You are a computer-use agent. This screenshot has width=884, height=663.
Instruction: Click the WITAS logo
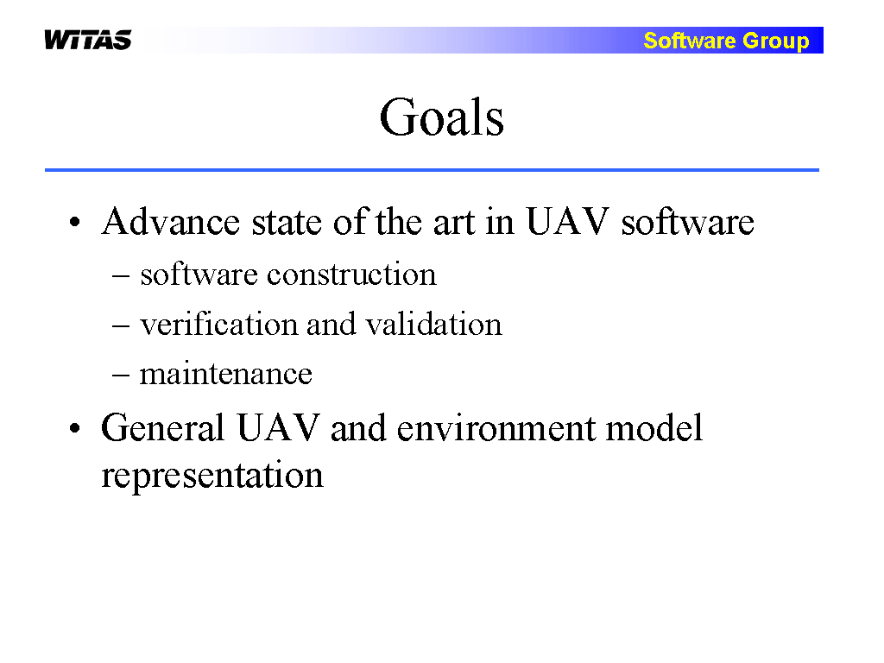click(88, 40)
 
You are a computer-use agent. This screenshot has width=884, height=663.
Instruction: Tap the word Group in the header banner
click(776, 41)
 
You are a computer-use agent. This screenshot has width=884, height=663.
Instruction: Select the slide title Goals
click(442, 117)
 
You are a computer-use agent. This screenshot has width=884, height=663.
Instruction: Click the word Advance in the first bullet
click(171, 221)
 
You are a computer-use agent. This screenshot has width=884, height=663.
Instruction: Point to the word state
click(287, 222)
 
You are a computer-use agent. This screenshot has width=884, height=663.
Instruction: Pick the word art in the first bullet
click(454, 222)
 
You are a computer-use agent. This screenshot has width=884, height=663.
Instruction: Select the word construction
click(352, 275)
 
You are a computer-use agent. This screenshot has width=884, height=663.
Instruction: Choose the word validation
click(433, 325)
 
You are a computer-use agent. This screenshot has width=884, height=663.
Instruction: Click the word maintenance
click(225, 375)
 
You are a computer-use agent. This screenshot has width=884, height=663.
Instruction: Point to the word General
click(163, 427)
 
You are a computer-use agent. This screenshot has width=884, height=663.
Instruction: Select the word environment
click(496, 428)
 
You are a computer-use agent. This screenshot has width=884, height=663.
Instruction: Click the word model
click(654, 427)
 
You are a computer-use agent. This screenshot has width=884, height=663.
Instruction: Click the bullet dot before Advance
click(75, 222)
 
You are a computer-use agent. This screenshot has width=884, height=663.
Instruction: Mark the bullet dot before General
click(75, 428)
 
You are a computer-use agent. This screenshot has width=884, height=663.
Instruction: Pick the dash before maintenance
click(121, 375)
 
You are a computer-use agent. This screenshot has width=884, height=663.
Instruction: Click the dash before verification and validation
click(121, 325)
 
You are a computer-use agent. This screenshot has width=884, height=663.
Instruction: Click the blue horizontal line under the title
click(432, 170)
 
